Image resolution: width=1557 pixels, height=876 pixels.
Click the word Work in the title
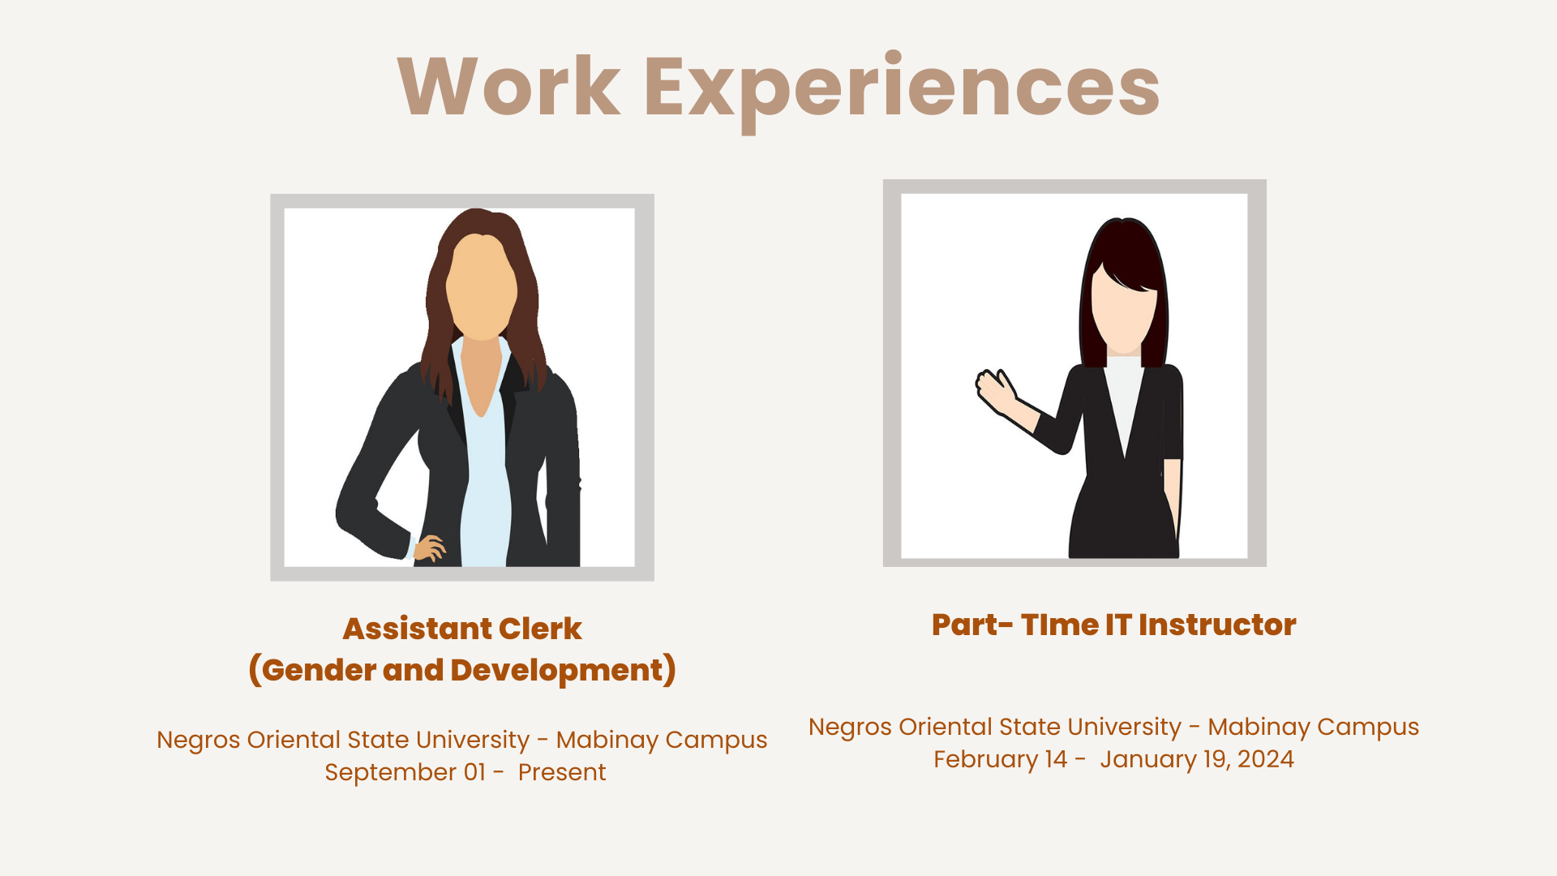[x=509, y=87]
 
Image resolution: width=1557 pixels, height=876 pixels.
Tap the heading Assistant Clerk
[x=462, y=629]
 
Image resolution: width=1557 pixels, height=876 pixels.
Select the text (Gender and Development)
[x=462, y=670]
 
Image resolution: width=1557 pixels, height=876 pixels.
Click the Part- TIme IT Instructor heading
[x=1114, y=625]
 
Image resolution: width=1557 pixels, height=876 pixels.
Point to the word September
[x=390, y=773]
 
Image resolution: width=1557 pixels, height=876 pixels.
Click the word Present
[x=562, y=772]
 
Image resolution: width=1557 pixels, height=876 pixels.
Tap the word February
[x=985, y=760]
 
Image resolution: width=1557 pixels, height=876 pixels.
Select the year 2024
[x=1266, y=759]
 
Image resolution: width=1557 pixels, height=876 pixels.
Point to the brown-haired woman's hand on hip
[x=429, y=548]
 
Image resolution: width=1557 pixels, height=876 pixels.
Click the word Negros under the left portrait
[x=199, y=741]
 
